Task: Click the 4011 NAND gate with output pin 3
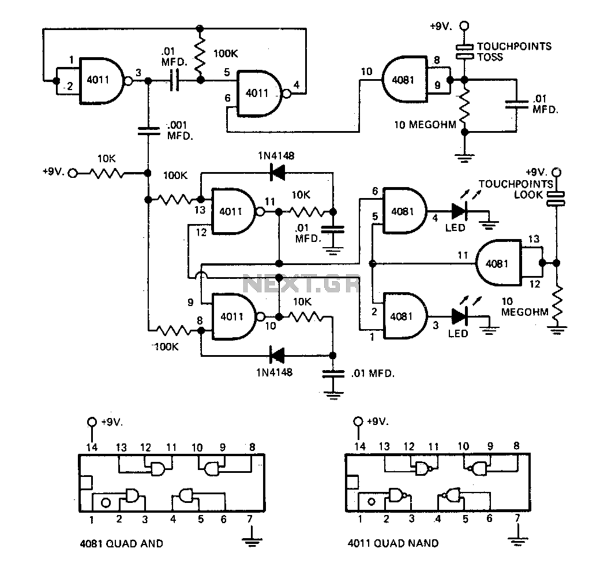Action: [x=102, y=81]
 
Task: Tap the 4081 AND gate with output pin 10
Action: [x=404, y=80]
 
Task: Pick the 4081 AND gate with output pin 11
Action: [x=499, y=263]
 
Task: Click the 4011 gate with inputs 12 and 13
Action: [x=234, y=211]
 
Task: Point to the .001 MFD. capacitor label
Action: [x=179, y=130]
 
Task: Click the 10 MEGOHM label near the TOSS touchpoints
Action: [x=425, y=125]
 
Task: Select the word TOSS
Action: [x=490, y=57]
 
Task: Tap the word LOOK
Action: [x=527, y=195]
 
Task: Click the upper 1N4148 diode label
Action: [x=276, y=156]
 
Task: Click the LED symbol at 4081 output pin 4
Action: [x=459, y=211]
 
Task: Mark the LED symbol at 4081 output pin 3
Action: [x=459, y=316]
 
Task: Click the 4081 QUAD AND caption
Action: [x=121, y=543]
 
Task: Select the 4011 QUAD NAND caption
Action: [x=393, y=543]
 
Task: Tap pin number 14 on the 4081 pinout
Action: [x=92, y=447]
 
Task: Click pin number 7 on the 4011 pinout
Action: [x=517, y=518]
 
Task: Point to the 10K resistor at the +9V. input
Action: [x=107, y=173]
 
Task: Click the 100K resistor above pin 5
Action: [x=200, y=54]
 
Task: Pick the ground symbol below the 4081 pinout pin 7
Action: [x=252, y=542]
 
